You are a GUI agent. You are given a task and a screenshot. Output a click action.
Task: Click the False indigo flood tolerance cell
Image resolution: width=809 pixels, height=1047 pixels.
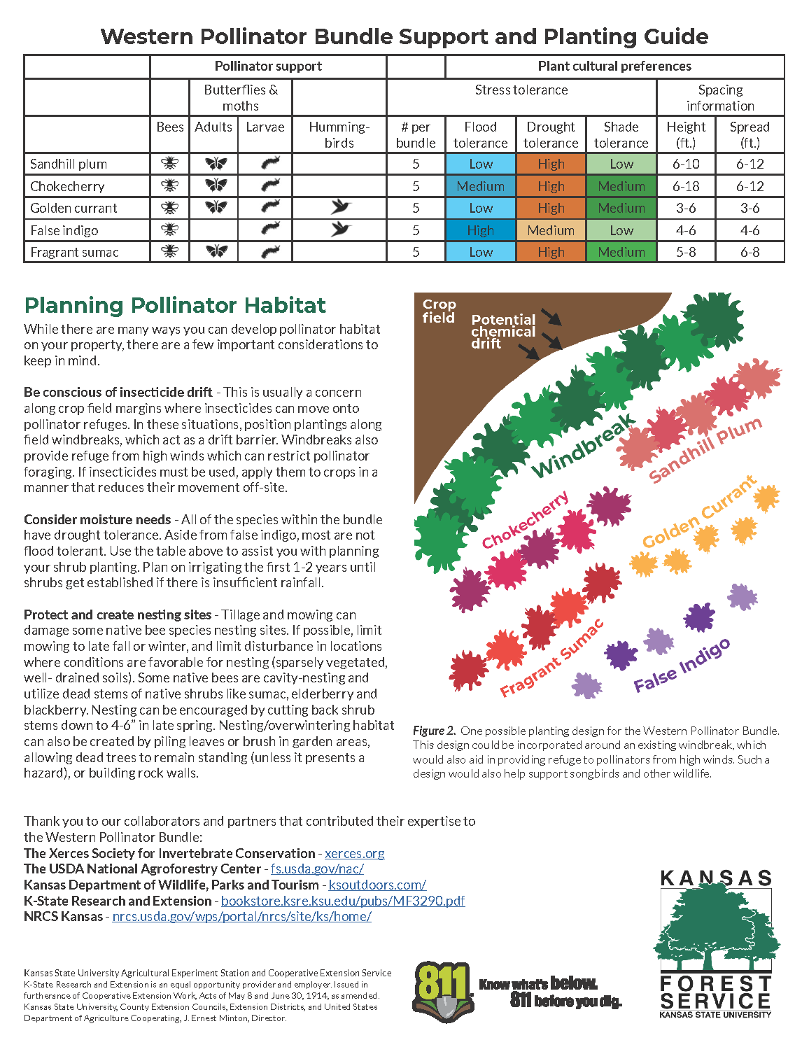click(481, 230)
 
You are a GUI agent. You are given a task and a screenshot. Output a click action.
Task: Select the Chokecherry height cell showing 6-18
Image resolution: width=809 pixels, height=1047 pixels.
click(686, 186)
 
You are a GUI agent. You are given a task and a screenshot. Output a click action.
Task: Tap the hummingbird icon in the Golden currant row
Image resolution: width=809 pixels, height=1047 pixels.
click(340, 207)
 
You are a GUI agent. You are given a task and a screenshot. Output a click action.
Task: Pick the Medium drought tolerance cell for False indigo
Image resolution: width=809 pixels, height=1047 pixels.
click(551, 230)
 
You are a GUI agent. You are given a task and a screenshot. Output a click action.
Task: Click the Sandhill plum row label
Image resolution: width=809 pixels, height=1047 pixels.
click(69, 164)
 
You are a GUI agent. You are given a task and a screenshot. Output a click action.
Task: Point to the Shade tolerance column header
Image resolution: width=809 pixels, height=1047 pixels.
click(621, 135)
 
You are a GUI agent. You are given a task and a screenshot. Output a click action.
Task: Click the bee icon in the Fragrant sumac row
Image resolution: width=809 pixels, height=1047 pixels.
click(170, 251)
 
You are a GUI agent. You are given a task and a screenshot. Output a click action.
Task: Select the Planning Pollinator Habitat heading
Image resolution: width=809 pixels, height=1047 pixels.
click(175, 306)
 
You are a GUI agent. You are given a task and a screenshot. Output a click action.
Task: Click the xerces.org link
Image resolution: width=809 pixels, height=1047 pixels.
click(354, 853)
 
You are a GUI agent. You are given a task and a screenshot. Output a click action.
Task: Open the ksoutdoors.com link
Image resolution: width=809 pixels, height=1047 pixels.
click(377, 885)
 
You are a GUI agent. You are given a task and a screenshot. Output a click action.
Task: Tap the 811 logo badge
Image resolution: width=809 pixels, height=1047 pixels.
click(443, 991)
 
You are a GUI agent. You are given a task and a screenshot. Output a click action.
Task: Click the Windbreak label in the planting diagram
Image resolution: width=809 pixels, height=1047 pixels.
click(584, 447)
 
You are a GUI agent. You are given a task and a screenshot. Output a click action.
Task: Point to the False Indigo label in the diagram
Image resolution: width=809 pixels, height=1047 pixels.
click(682, 666)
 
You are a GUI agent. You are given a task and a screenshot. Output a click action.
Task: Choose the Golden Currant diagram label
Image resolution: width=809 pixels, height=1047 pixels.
click(699, 513)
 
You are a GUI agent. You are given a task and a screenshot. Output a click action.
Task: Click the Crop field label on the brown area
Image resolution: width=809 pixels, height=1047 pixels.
click(439, 311)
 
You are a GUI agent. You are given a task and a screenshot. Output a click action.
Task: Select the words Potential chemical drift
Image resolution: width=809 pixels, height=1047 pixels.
click(503, 332)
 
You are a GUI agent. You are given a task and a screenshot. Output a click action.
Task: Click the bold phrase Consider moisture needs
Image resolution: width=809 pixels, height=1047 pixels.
click(97, 520)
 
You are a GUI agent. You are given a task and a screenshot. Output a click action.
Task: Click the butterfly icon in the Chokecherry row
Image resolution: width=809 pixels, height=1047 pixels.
click(216, 185)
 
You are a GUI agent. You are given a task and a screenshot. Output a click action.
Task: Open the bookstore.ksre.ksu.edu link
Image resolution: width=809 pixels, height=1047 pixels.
click(343, 901)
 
